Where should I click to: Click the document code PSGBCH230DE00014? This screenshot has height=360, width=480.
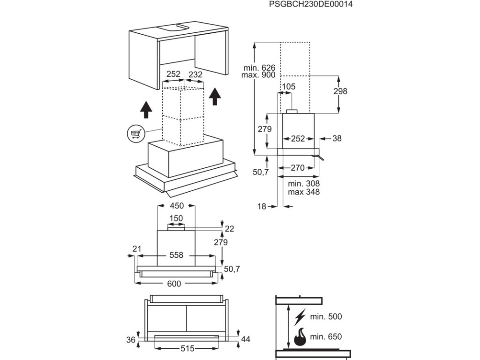click(311, 4)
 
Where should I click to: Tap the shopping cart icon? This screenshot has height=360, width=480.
click(135, 134)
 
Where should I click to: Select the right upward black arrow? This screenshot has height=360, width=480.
click(215, 96)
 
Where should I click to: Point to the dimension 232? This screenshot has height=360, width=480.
click(195, 74)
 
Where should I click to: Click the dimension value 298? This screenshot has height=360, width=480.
click(340, 91)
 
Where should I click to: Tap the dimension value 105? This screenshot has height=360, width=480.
click(288, 86)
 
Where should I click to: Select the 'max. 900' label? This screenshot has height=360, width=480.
click(259, 75)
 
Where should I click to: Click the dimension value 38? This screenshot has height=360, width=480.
click(337, 138)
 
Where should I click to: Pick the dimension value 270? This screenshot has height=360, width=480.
click(298, 167)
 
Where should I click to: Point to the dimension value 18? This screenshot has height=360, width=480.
click(262, 206)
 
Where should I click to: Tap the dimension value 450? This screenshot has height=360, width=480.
click(176, 206)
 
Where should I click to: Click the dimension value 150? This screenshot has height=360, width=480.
click(176, 218)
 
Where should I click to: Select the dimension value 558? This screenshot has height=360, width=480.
click(176, 255)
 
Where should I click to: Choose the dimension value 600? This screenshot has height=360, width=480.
click(176, 283)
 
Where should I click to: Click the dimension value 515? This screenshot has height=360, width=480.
click(187, 349)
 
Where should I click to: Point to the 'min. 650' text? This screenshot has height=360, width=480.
click(326, 337)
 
